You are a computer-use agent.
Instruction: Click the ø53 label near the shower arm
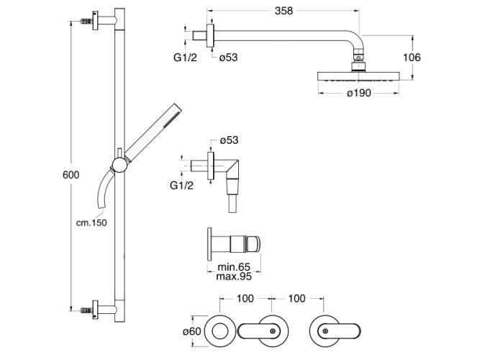tap(228, 58)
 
